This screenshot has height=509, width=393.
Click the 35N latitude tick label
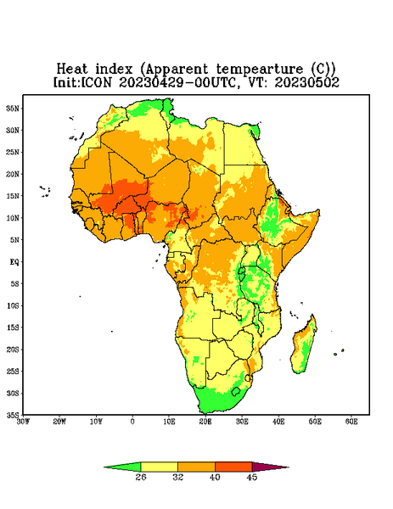(13, 109)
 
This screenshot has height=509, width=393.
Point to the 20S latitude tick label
(13, 350)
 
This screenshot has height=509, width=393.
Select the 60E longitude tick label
(351, 422)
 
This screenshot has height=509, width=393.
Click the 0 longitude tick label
(132, 422)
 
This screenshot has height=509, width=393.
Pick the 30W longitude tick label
(24, 422)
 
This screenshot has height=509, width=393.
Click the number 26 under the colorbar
(141, 477)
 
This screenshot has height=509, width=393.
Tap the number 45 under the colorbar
(252, 477)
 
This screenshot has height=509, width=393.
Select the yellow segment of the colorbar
(159, 467)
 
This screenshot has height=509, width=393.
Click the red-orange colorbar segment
(233, 467)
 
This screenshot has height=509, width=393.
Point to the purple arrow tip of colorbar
(269, 467)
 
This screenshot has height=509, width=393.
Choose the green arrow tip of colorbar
(123, 467)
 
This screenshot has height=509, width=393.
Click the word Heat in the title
(72, 70)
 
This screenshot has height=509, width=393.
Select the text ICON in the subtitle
(96, 82)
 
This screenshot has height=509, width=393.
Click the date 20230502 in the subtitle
(307, 82)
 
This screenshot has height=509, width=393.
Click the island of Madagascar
(305, 346)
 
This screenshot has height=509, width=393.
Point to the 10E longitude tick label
(169, 422)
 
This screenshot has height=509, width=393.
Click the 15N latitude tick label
(13, 196)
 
